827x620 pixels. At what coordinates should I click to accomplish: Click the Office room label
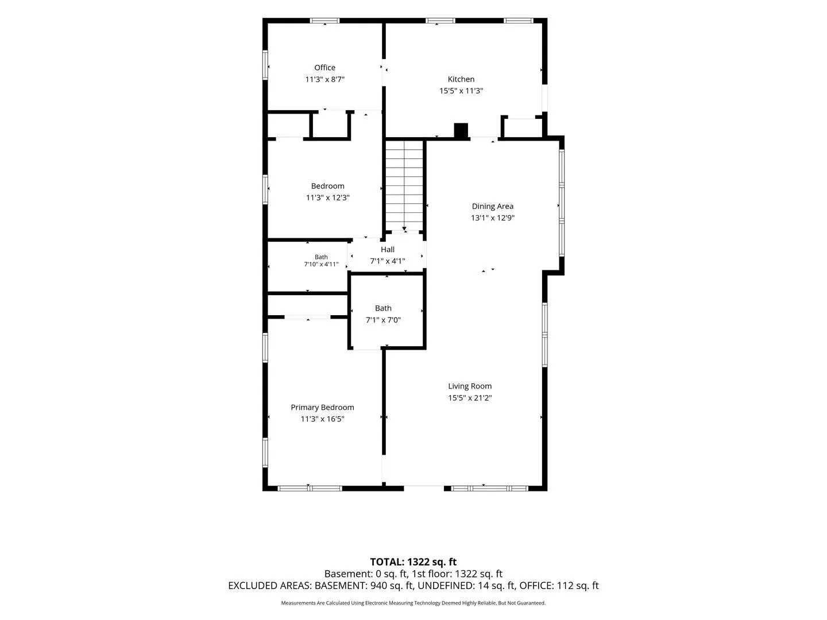point(324,67)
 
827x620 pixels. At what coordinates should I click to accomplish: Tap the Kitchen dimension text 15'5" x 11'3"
point(461,91)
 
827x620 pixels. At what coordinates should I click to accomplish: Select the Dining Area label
point(492,206)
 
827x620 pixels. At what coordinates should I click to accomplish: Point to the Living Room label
point(469,386)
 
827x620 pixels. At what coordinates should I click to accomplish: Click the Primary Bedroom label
point(322,408)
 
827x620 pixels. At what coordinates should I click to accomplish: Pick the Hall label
point(387,249)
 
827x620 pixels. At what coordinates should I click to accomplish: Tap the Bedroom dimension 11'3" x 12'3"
point(327,197)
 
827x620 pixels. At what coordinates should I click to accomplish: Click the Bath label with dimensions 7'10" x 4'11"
point(321,257)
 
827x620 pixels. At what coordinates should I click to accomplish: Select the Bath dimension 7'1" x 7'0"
point(383,320)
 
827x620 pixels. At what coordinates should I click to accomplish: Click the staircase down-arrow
point(404,228)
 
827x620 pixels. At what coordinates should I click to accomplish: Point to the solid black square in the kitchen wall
point(461,130)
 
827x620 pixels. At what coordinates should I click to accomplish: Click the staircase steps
point(404,185)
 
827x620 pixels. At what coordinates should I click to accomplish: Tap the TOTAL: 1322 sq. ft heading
point(413,561)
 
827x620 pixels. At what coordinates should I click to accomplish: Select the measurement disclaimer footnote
point(413,603)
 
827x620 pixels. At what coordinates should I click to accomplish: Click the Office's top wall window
point(324,21)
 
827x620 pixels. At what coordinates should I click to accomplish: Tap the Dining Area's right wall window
point(561,203)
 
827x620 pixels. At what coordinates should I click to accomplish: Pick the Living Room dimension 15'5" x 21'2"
point(469,398)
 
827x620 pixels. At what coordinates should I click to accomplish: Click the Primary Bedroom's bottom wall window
point(310,488)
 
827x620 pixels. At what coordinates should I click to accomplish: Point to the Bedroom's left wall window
point(265,189)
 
